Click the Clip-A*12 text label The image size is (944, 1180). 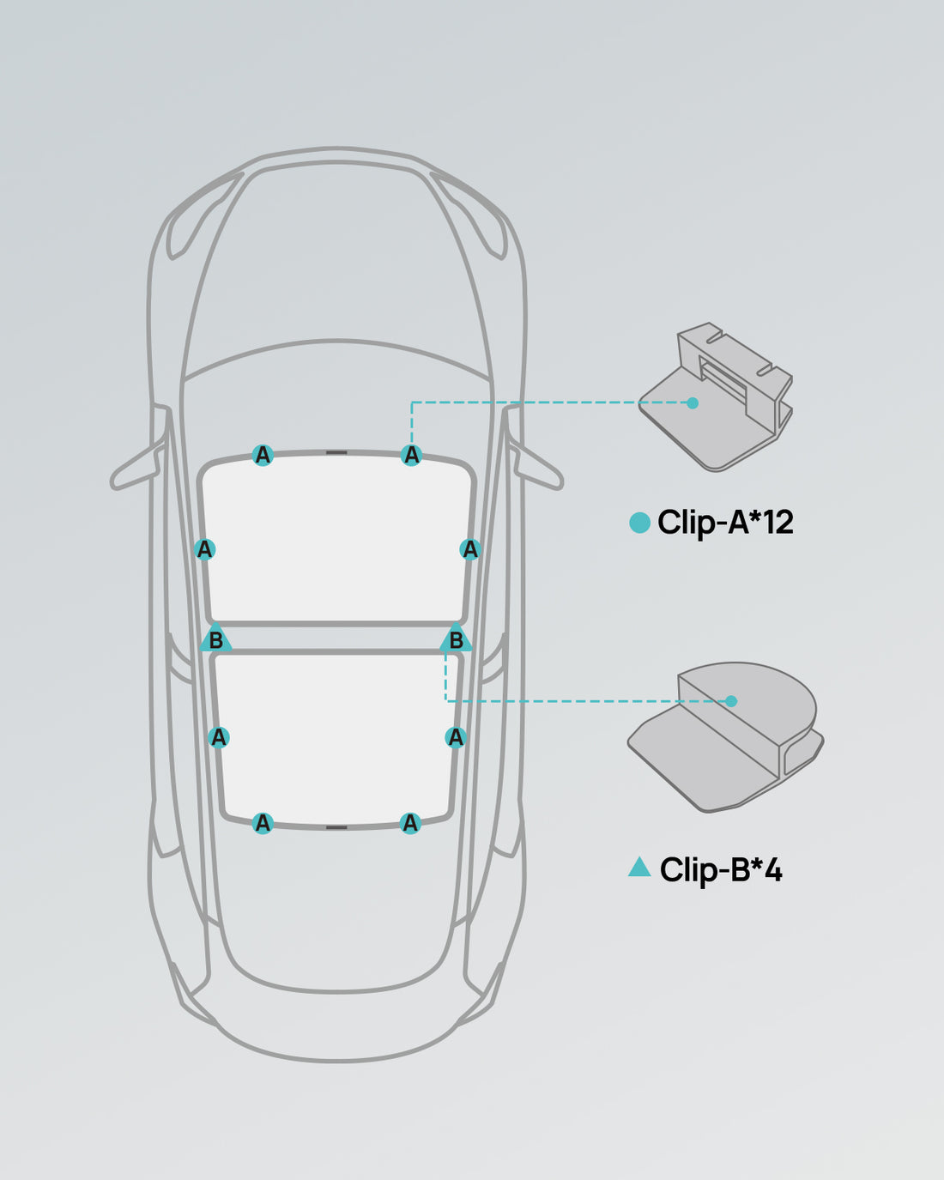pyautogui.click(x=725, y=523)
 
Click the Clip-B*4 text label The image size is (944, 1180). pyautogui.click(x=721, y=870)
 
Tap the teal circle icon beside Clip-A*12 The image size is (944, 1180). pyautogui.click(x=639, y=523)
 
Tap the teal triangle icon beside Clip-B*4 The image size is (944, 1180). pyautogui.click(x=639, y=868)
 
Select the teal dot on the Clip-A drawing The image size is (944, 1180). pyautogui.click(x=693, y=402)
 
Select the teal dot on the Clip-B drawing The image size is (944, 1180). pyautogui.click(x=731, y=701)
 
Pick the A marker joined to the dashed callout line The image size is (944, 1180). pyautogui.click(x=412, y=455)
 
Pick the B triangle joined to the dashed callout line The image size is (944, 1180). pyautogui.click(x=456, y=640)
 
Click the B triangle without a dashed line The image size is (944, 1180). pyautogui.click(x=216, y=640)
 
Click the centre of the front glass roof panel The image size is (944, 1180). pyautogui.click(x=336, y=539)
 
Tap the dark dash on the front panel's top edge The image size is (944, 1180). pyautogui.click(x=336, y=452)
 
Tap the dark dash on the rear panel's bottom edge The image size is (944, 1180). pyautogui.click(x=336, y=827)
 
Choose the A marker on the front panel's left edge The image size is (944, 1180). pyautogui.click(x=204, y=549)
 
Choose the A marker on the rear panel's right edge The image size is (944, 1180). pyautogui.click(x=456, y=737)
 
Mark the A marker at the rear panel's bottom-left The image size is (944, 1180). pyautogui.click(x=263, y=824)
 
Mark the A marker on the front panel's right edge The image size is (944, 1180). pyautogui.click(x=469, y=549)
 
